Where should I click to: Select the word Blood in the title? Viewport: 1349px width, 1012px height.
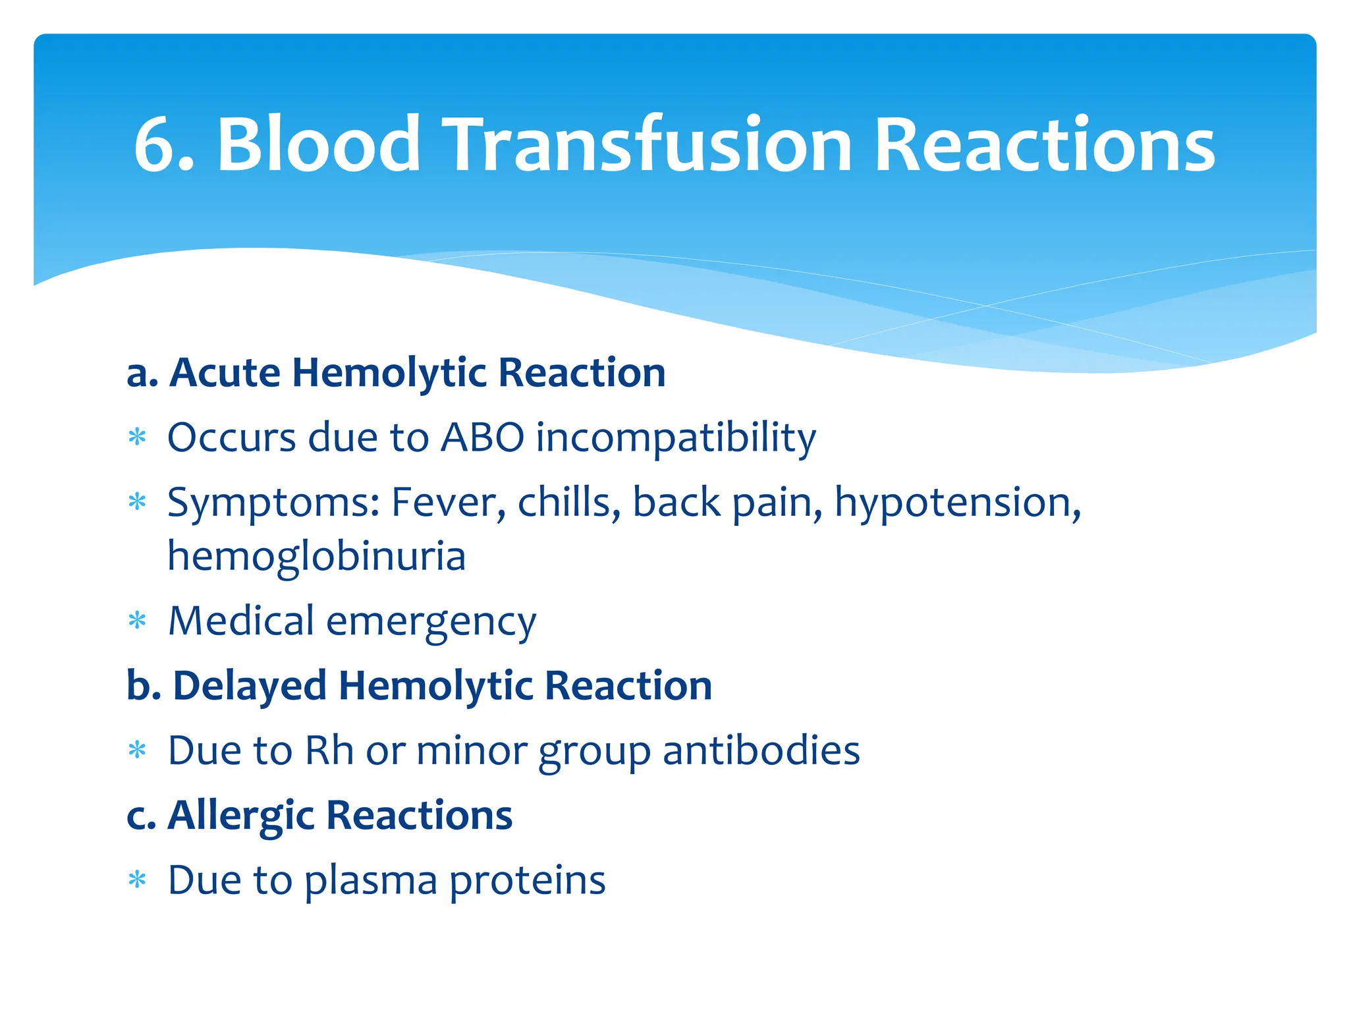click(319, 145)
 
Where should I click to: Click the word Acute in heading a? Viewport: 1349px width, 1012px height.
click(225, 373)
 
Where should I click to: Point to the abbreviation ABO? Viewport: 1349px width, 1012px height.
click(483, 437)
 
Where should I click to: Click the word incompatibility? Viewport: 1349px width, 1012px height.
click(676, 438)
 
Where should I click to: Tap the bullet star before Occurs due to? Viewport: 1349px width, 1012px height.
click(137, 437)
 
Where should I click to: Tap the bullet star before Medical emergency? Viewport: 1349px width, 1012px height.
click(137, 621)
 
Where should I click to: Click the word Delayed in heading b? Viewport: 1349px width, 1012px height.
click(250, 685)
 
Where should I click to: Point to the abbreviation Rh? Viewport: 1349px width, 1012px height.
click(329, 750)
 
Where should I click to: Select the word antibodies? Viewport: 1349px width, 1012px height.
click(761, 750)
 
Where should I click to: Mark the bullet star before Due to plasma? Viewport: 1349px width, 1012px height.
click(137, 880)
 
